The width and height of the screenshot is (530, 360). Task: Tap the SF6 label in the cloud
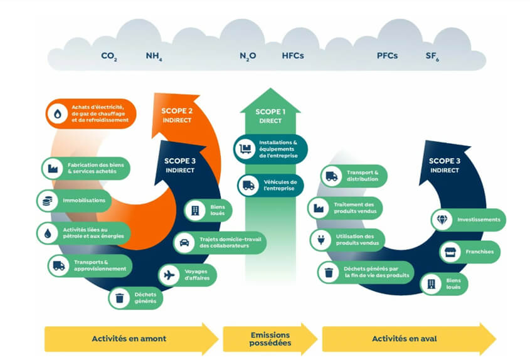[432, 56]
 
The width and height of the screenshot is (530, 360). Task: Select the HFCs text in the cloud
[292, 55]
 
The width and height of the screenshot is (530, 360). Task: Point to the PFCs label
[387, 55]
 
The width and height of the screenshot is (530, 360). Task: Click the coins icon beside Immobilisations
[47, 201]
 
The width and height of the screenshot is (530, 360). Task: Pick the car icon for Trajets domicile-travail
[185, 242]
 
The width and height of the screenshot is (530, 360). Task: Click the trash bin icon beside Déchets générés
[119, 297]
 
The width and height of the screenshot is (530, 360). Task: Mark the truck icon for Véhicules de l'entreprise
[248, 185]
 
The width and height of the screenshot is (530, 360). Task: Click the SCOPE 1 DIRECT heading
[270, 116]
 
